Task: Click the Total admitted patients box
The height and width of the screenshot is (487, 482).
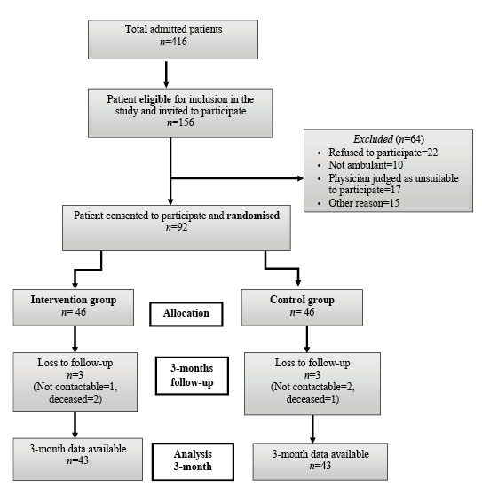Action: [x=173, y=39]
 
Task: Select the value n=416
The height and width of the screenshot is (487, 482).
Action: [x=173, y=42]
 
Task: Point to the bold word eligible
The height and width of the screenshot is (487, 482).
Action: [x=155, y=99]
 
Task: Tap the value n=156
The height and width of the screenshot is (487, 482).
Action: [x=180, y=122]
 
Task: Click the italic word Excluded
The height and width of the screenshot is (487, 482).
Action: [x=373, y=139]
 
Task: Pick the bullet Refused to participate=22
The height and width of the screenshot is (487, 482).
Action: [x=383, y=153]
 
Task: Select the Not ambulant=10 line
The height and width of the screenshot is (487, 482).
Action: [x=366, y=165]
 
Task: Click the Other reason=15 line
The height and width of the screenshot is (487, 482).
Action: [x=364, y=203]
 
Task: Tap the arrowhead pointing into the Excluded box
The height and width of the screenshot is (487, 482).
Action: [x=300, y=178]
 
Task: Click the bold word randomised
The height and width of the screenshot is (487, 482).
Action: [x=253, y=216]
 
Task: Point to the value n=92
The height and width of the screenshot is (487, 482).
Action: [x=177, y=227]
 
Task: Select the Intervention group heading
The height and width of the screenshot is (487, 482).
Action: [x=74, y=300]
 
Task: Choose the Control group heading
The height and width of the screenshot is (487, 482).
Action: [x=302, y=300]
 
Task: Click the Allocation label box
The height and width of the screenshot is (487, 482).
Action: [x=186, y=314]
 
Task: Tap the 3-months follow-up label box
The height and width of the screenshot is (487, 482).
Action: [x=192, y=376]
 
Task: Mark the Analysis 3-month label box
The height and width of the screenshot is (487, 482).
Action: [x=193, y=461]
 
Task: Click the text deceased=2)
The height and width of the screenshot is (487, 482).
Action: [x=75, y=399]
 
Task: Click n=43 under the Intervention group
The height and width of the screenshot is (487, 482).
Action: [x=78, y=460]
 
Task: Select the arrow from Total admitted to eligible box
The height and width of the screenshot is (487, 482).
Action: [x=166, y=75]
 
